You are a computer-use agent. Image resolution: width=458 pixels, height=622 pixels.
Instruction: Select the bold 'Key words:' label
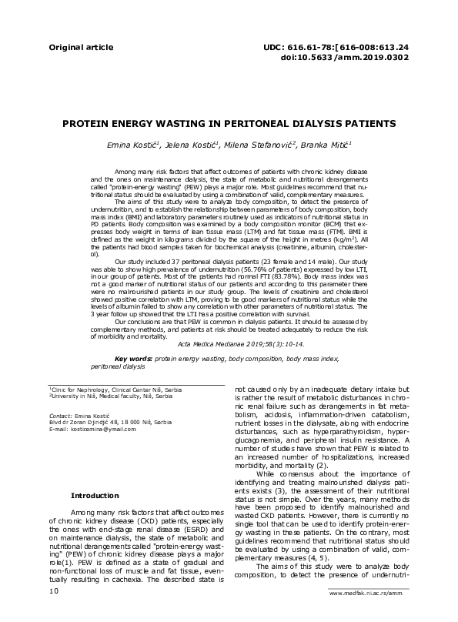133,359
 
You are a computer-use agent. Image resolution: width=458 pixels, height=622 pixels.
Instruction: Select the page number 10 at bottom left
54,612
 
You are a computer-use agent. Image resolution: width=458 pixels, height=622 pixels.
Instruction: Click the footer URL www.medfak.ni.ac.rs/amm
366,615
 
